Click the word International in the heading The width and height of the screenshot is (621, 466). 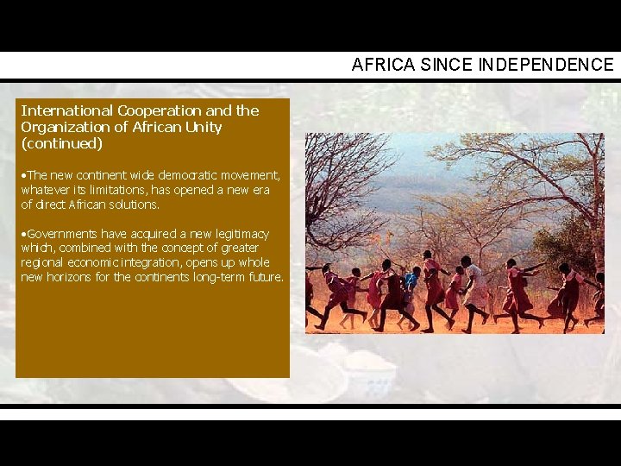point(66,110)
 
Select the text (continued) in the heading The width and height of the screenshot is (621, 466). point(61,143)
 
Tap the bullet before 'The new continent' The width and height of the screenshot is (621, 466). point(24,175)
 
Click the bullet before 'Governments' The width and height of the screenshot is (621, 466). point(24,234)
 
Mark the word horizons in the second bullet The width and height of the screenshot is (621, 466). point(78,277)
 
